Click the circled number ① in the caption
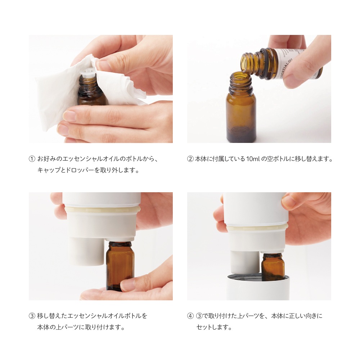pyautogui.click(x=32, y=159)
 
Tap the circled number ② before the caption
pyautogui.click(x=190, y=159)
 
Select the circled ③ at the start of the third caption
pyautogui.click(x=32, y=316)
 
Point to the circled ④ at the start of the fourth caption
pyautogui.click(x=190, y=316)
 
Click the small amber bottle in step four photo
pyautogui.click(x=273, y=267)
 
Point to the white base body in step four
pyautogui.click(x=257, y=290)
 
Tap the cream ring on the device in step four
pyautogui.click(x=257, y=227)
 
